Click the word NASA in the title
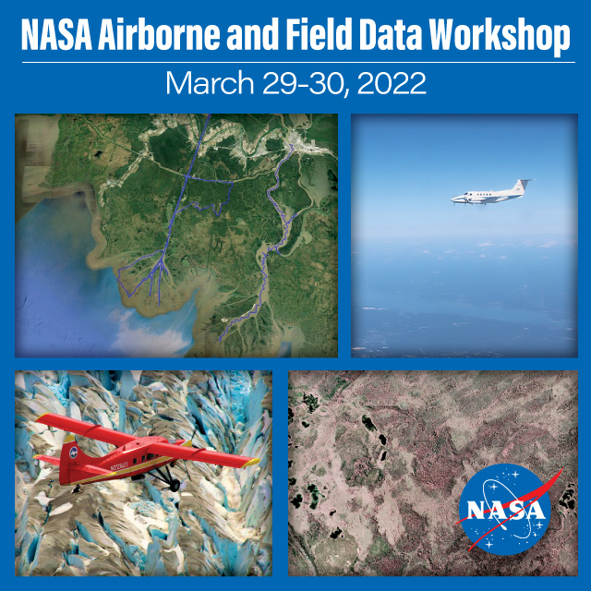tap(56, 35)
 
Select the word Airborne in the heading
tap(159, 35)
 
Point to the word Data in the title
tap(391, 35)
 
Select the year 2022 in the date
tap(392, 83)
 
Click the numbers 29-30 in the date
tap(304, 83)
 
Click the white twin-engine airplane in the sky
tap(490, 194)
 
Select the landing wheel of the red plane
tap(175, 486)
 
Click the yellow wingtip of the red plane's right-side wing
tap(251, 462)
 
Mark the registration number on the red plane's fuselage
tap(119, 465)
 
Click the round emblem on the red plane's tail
tap(74, 452)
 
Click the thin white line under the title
tap(298, 62)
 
